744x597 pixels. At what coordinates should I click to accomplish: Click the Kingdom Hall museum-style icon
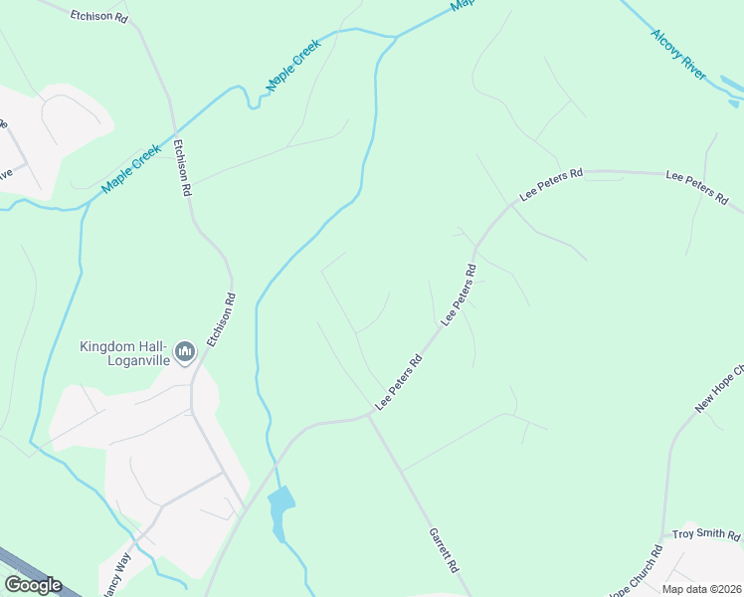(185, 351)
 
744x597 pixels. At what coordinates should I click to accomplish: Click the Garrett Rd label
(444, 550)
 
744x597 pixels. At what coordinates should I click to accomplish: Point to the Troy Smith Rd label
(706, 535)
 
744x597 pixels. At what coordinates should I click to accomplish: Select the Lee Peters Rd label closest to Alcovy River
(697, 186)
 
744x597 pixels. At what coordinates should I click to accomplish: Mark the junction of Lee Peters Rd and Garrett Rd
(370, 417)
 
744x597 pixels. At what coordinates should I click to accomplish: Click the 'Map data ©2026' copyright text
(702, 589)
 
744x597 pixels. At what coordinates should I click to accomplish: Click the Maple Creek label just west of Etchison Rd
(130, 169)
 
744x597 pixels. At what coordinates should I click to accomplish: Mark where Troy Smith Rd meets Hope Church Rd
(664, 537)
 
